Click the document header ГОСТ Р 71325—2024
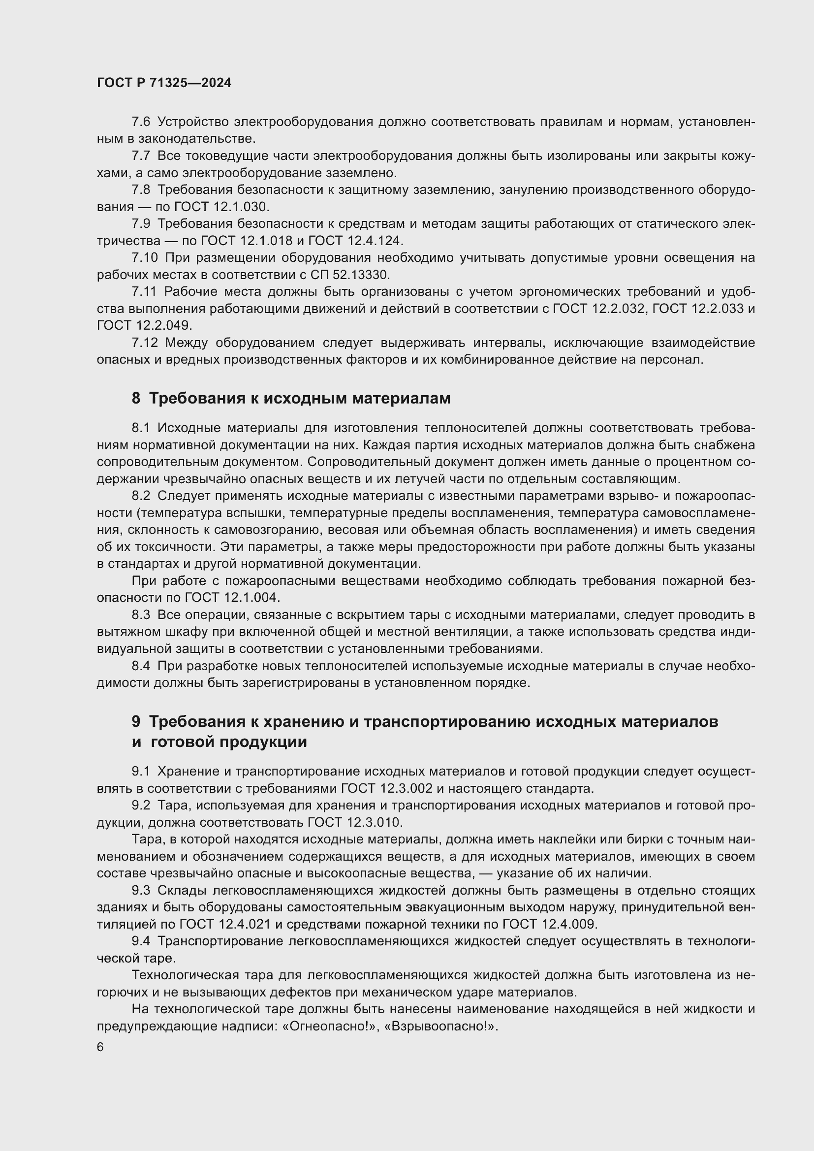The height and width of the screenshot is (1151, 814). [x=164, y=83]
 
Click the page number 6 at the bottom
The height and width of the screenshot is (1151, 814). [x=100, y=1047]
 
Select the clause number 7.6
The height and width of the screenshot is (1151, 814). [x=141, y=122]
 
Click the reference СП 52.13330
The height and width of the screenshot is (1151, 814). [x=345, y=275]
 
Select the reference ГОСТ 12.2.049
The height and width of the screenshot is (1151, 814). [x=144, y=326]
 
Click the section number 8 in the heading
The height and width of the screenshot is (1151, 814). [x=136, y=399]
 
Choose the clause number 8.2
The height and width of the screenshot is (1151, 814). [x=141, y=497]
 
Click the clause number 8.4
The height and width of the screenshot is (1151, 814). [x=141, y=666]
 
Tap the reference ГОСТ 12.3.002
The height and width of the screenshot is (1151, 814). [x=386, y=788]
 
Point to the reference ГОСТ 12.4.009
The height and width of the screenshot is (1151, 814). [x=549, y=924]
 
